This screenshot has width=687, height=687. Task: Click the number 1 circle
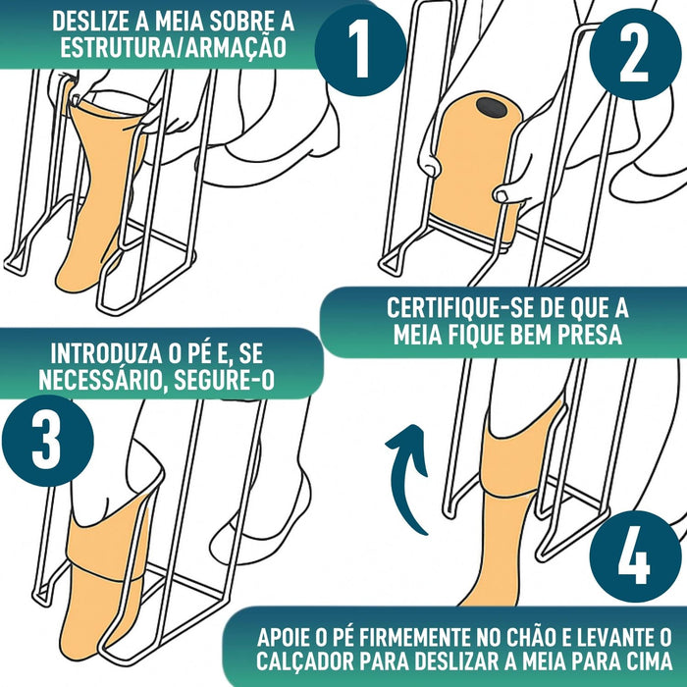coord(360,49)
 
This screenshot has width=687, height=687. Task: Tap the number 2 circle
coord(635,54)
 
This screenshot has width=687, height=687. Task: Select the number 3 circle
coord(48,441)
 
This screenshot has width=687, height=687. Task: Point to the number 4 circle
coord(635,556)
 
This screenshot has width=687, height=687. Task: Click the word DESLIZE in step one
coord(90,21)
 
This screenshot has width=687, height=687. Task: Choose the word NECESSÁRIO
coord(103,380)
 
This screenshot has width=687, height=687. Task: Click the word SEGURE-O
coord(225,380)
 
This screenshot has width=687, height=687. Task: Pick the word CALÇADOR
coord(305,661)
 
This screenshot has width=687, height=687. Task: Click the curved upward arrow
coord(406,479)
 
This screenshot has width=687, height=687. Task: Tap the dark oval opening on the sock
coord(491,106)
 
